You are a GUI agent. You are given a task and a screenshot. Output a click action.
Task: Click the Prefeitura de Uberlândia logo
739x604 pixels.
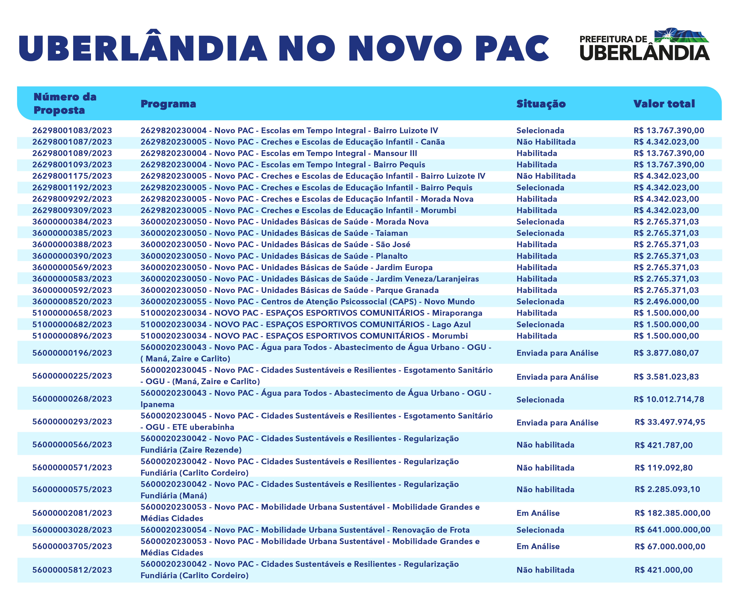pyautogui.click(x=644, y=44)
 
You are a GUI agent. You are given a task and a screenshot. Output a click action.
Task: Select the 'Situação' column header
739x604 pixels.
pyautogui.click(x=541, y=104)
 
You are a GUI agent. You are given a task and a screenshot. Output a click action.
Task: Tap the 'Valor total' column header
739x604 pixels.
pyautogui.click(x=664, y=104)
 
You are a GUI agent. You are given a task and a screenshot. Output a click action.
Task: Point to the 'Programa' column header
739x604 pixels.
pyautogui.click(x=168, y=104)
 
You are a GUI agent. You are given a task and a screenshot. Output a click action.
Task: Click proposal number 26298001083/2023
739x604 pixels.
pyautogui.click(x=72, y=130)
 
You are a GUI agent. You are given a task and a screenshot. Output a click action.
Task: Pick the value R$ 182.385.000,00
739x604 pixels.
pyautogui.click(x=672, y=513)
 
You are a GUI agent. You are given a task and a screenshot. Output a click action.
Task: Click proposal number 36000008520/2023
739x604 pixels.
pyautogui.click(x=72, y=301)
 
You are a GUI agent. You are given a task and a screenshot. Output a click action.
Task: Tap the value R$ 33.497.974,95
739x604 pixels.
pyautogui.click(x=670, y=422)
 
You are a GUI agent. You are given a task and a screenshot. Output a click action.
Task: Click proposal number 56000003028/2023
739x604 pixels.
pyautogui.click(x=72, y=530)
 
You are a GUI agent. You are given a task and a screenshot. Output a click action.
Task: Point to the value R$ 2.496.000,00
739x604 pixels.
pyautogui.click(x=666, y=301)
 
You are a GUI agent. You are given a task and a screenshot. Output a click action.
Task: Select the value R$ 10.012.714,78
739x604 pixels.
pyautogui.click(x=669, y=399)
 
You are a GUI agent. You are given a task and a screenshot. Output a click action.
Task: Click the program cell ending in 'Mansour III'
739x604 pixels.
pyautogui.click(x=278, y=153)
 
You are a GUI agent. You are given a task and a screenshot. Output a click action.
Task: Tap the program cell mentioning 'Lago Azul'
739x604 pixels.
pyautogui.click(x=305, y=324)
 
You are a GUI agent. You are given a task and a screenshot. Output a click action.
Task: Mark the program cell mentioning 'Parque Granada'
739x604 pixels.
pyautogui.click(x=289, y=290)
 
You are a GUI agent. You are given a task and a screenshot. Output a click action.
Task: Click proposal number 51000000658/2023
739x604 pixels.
pyautogui.click(x=72, y=313)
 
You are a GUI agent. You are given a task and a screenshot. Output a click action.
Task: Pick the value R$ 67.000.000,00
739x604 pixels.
pyautogui.click(x=670, y=546)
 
